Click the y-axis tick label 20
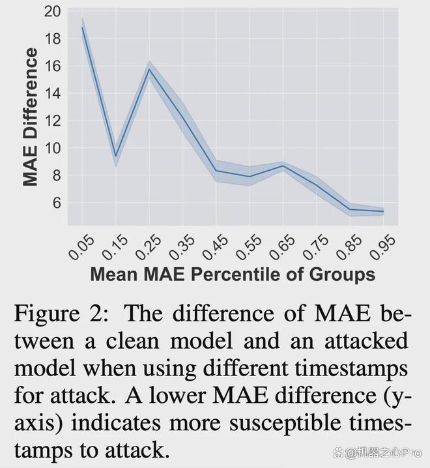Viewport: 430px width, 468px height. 52,11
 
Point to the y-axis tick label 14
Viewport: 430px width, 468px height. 52,93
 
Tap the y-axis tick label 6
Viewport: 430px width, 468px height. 57,203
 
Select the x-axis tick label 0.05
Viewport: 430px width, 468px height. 81,247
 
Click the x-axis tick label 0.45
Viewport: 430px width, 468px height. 215,247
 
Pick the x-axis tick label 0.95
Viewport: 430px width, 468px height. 382,247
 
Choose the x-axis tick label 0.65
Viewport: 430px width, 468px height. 281,247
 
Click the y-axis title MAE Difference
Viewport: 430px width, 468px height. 30,117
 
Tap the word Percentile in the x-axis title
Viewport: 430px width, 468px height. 235,274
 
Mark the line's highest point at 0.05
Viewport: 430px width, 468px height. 82,27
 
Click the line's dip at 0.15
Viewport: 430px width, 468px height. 116,156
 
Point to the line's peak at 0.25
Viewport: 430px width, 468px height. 149,69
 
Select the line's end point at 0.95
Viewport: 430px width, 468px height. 383,211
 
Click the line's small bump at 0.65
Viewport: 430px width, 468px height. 283,166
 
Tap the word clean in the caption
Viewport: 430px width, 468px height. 132,340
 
